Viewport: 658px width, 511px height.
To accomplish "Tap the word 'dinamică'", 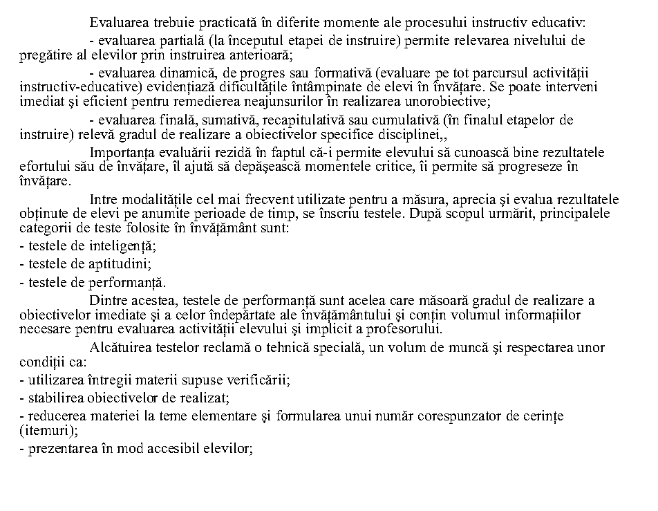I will coord(173,73).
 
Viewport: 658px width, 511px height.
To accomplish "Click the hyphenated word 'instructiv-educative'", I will coord(73,87).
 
